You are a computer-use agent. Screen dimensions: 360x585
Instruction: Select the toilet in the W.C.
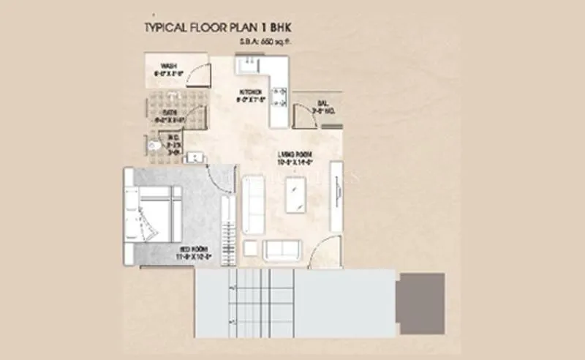pyautogui.click(x=154, y=146)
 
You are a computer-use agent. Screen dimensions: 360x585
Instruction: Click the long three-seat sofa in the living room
pyautogui.click(x=254, y=202)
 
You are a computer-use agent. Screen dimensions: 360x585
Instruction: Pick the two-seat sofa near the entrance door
pyautogui.click(x=282, y=249)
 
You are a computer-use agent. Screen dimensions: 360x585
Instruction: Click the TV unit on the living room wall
pyautogui.click(x=336, y=195)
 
